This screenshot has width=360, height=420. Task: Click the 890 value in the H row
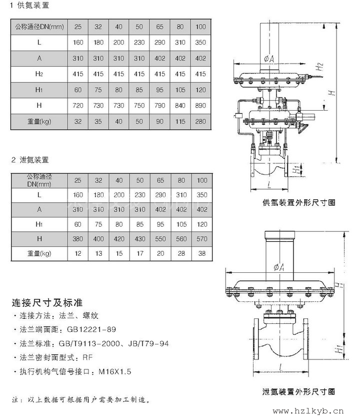click(200, 106)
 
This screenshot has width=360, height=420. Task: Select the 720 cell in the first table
click(78, 106)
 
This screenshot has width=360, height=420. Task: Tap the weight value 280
click(200, 121)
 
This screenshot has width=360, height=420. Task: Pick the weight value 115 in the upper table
click(180, 121)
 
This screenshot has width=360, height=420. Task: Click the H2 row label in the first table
click(39, 74)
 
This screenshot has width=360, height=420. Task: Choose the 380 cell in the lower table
click(78, 239)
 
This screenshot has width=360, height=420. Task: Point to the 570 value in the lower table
click(202, 239)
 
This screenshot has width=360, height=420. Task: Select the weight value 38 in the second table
click(202, 253)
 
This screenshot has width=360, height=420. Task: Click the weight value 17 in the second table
click(140, 253)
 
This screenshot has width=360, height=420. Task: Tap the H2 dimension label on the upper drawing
click(320, 67)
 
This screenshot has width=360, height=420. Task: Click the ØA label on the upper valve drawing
click(269, 59)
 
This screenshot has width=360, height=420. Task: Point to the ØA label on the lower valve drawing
click(279, 267)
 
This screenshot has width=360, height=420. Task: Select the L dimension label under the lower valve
click(280, 367)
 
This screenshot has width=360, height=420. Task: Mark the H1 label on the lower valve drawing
click(339, 349)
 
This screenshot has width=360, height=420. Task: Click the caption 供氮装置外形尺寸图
click(299, 203)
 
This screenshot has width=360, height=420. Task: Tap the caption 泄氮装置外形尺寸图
click(299, 392)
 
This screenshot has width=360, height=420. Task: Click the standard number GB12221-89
click(91, 329)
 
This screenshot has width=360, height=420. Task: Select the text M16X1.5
click(115, 371)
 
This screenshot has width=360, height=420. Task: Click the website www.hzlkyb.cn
click(308, 411)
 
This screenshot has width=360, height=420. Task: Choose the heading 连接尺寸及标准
click(47, 303)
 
